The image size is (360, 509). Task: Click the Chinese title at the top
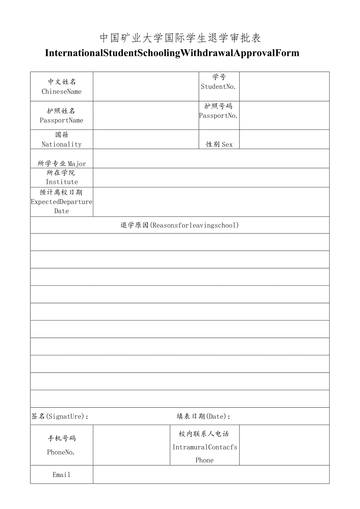click(x=180, y=38)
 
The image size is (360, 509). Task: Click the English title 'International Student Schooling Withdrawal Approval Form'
click(x=172, y=53)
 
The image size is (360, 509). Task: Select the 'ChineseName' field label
click(x=62, y=91)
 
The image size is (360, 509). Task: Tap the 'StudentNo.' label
click(x=218, y=86)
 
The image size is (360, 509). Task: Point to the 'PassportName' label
click(x=62, y=120)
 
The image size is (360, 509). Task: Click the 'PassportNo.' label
click(x=218, y=115)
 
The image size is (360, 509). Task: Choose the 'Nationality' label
click(x=62, y=144)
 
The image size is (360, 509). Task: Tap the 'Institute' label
click(x=62, y=182)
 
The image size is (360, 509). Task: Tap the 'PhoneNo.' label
click(x=61, y=452)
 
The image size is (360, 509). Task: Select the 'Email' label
click(x=61, y=475)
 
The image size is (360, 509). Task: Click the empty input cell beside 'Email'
click(x=211, y=475)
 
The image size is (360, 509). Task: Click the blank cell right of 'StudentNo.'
click(x=284, y=86)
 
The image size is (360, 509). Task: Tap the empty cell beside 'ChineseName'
click(x=146, y=86)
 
